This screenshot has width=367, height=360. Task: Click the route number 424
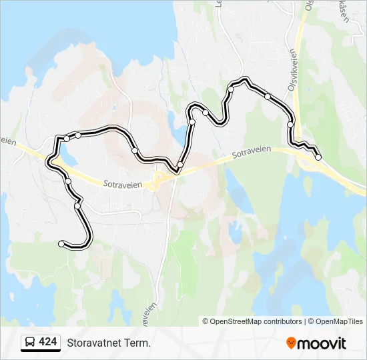(48, 342)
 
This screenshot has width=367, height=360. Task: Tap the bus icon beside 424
(30, 343)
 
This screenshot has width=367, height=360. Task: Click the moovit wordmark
(322, 343)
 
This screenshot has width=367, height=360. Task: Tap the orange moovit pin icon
(291, 343)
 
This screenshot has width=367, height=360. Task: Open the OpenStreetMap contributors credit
(256, 321)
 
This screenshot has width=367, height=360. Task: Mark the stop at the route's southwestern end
(61, 244)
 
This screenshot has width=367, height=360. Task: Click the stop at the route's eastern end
(318, 157)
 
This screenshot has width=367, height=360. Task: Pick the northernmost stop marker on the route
(231, 89)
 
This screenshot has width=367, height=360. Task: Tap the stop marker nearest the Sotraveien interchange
(180, 164)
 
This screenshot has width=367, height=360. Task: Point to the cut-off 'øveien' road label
(149, 308)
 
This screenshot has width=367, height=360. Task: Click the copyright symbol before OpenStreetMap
(206, 321)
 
